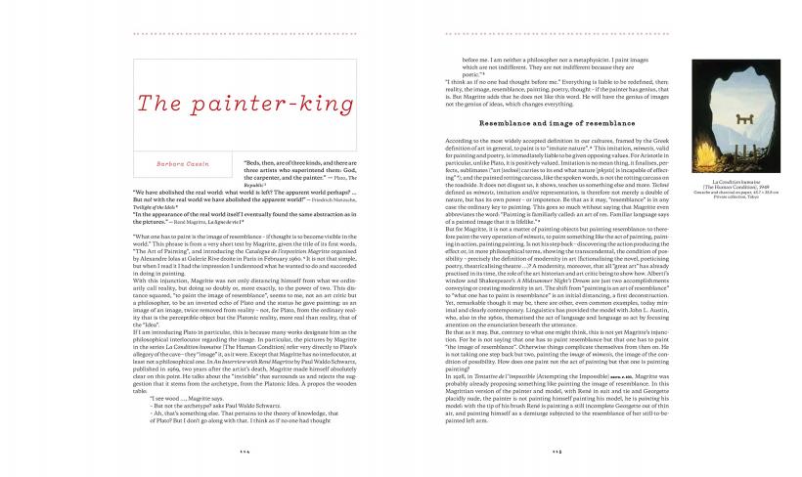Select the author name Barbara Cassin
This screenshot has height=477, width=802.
(180, 166)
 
